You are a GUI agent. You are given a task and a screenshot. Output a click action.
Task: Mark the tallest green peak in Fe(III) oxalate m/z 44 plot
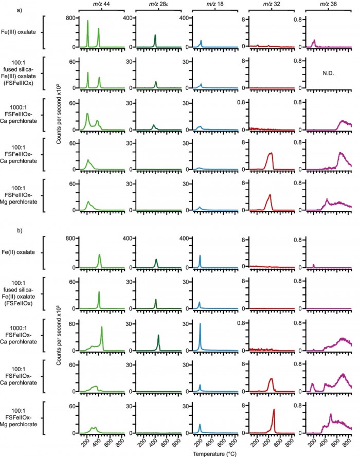click(x=87, y=21)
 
